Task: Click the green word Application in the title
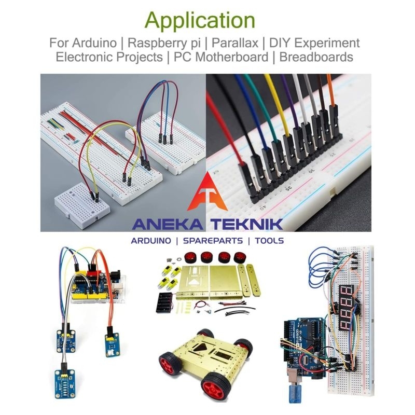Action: click(200, 20)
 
